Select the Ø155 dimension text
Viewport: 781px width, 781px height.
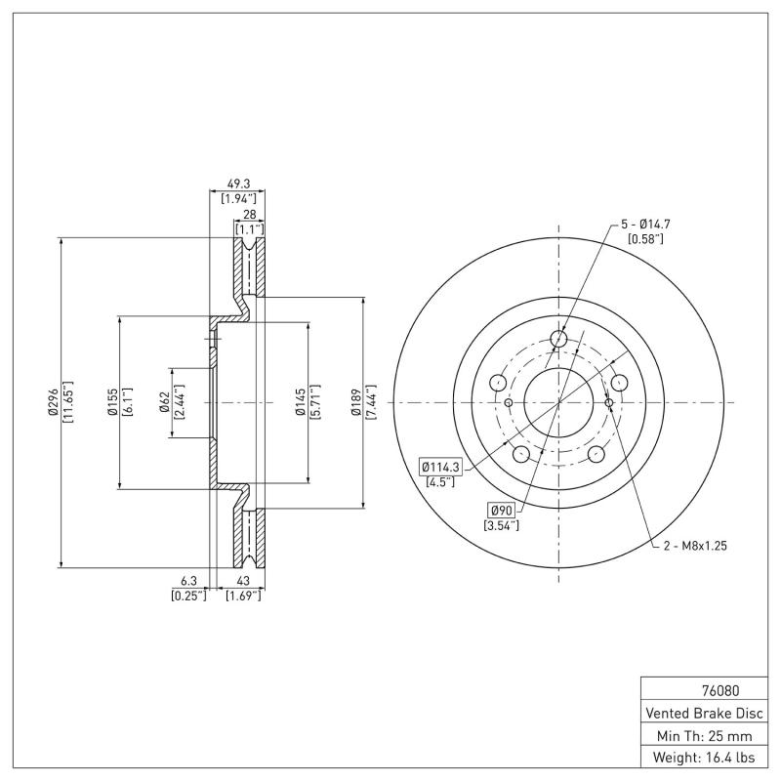click(112, 402)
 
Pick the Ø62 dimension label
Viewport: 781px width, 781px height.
click(166, 402)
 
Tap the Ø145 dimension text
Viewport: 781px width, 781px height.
click(301, 402)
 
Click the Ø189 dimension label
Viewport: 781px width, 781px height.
click(356, 402)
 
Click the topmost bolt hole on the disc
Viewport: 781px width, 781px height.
click(558, 339)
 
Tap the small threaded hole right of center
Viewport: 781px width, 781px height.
click(608, 402)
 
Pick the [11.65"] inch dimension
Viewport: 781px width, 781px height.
click(68, 402)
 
